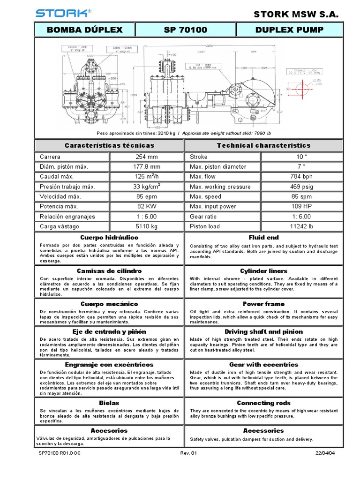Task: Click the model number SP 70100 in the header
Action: coord(186,30)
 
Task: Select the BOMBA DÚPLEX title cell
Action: coord(85,30)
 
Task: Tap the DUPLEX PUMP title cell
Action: coord(289,30)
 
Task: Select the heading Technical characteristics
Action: coord(263,145)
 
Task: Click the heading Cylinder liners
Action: coord(263,271)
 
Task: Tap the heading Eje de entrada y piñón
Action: coord(109,331)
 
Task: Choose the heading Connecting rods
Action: coord(263,403)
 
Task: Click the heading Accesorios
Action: coord(109,430)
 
